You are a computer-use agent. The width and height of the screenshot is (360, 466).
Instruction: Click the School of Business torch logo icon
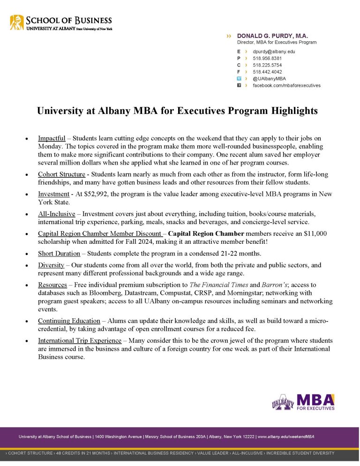(x=17, y=22)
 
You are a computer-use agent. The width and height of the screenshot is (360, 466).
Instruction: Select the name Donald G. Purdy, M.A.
(x=272, y=36)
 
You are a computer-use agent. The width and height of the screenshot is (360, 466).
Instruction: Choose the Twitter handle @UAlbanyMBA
(x=269, y=79)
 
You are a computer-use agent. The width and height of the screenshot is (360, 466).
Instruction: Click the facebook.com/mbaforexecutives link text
(x=286, y=86)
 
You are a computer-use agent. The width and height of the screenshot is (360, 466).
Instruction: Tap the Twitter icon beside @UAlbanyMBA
(x=239, y=79)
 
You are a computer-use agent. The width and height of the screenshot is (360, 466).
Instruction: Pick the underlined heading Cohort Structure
(x=61, y=174)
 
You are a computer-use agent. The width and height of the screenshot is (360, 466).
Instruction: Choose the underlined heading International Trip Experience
(x=77, y=340)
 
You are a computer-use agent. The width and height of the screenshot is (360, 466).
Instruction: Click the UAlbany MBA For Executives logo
(x=303, y=402)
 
